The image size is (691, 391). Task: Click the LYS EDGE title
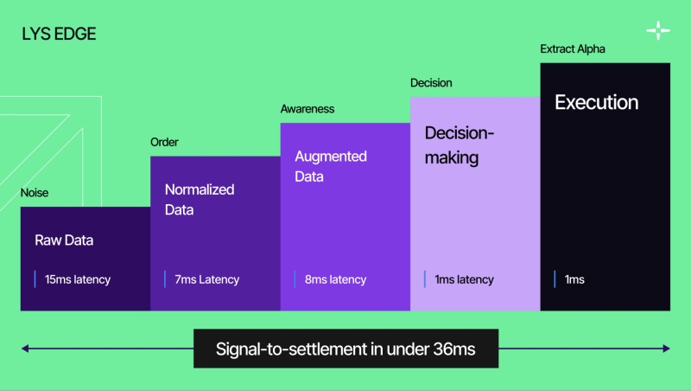[x=59, y=35]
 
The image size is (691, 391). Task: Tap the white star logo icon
[x=658, y=31]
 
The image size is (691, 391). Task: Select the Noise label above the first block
[x=35, y=193]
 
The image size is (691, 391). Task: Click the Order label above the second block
[x=164, y=142]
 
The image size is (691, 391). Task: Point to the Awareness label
[x=307, y=109]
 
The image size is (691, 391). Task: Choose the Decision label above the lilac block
[x=431, y=83]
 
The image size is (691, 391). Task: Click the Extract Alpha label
[x=573, y=49]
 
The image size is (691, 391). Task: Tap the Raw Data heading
[x=64, y=240]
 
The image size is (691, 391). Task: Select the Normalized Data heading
[x=200, y=199]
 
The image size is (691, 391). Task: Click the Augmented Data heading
[x=331, y=166]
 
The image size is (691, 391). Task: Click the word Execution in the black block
[x=596, y=103]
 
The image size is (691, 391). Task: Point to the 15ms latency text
[x=79, y=279]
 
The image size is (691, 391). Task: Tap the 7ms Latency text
[x=206, y=279]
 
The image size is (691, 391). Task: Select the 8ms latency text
[x=335, y=279]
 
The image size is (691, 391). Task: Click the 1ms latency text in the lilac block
[x=464, y=279]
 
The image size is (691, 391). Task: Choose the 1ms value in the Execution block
[x=574, y=279]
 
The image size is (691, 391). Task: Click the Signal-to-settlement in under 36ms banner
[x=345, y=349]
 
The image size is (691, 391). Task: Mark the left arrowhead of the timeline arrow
[x=26, y=349]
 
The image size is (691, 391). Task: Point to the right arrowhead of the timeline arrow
[x=666, y=349]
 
